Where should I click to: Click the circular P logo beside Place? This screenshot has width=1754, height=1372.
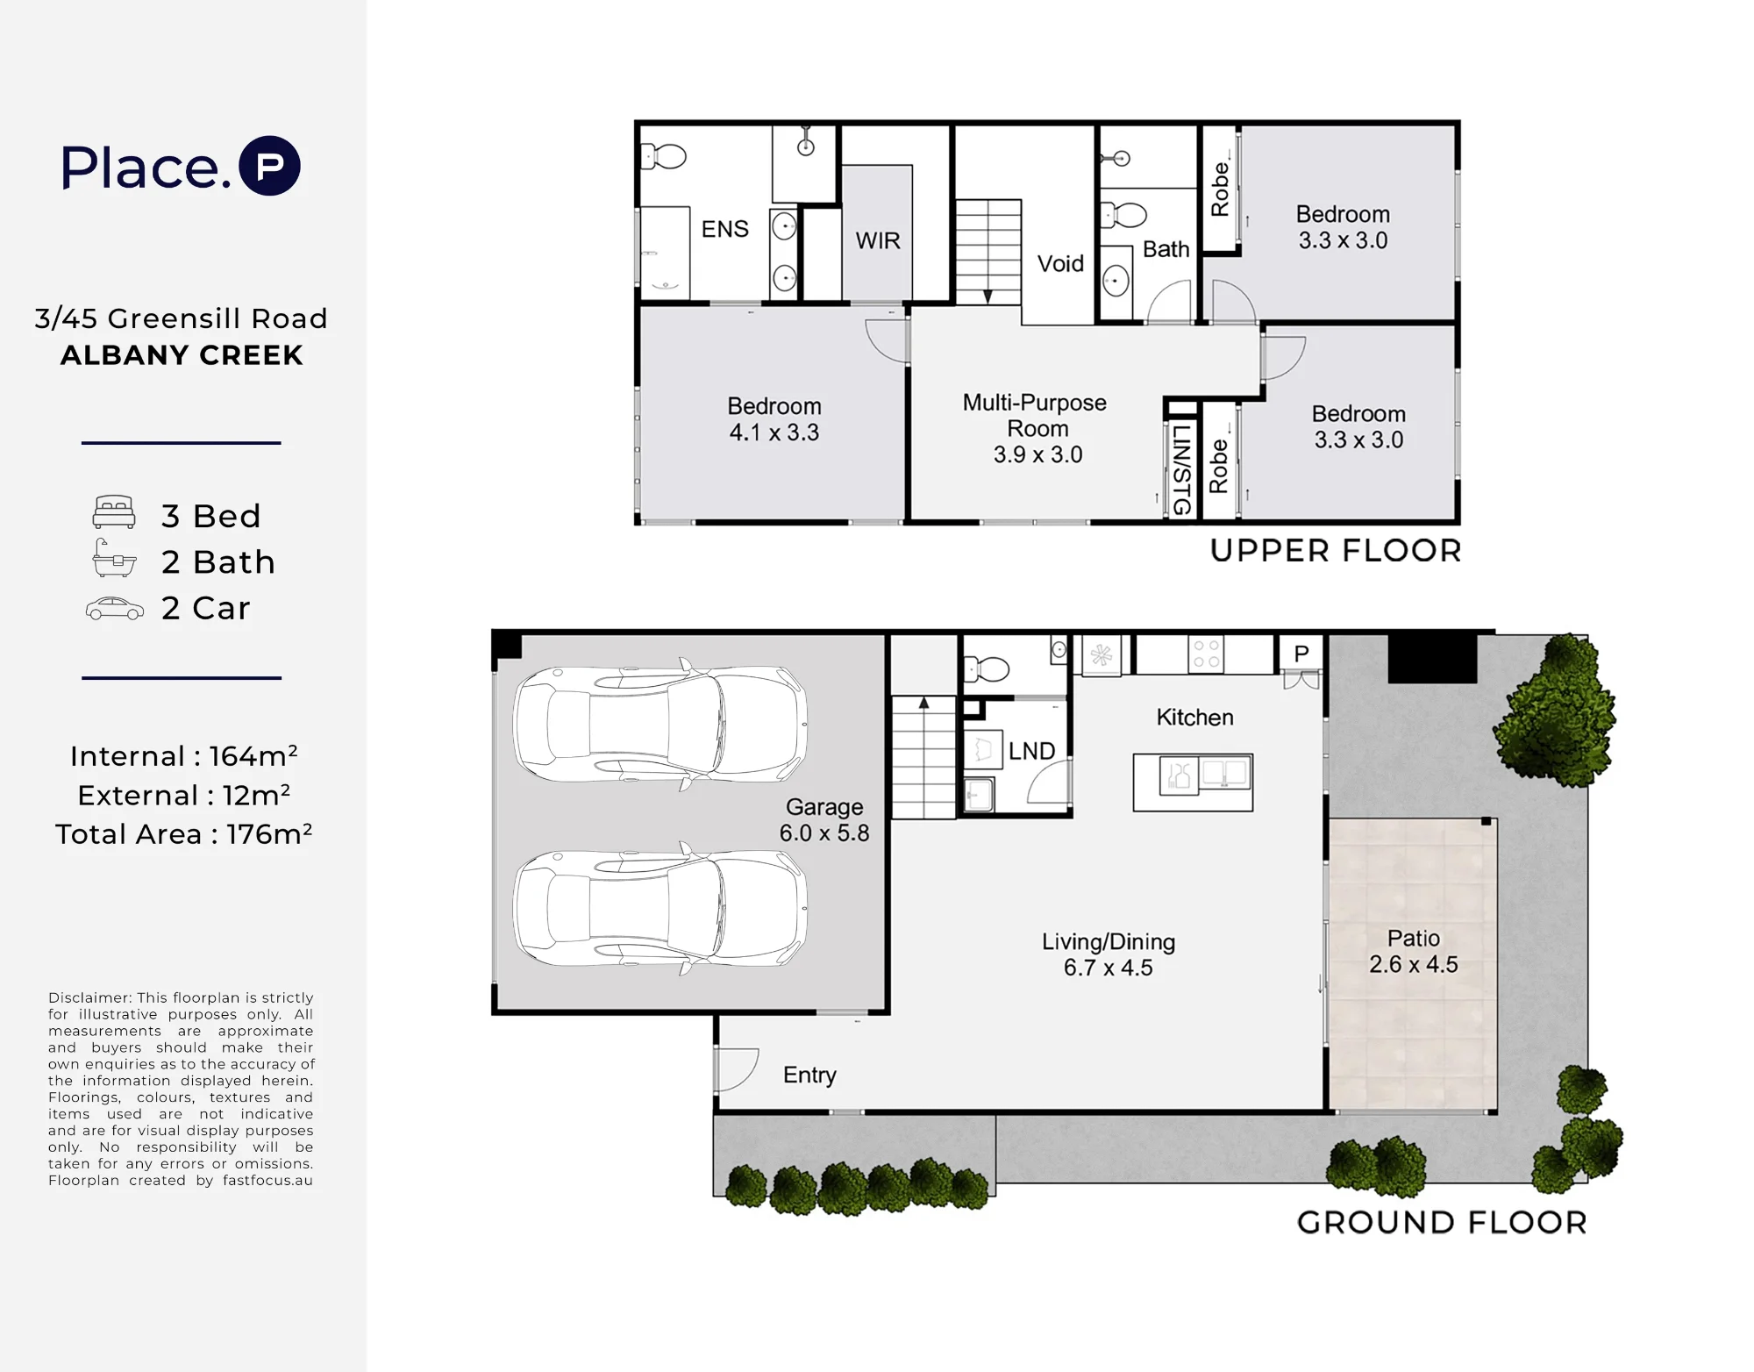pos(270,166)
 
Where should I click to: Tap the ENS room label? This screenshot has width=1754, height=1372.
pos(725,229)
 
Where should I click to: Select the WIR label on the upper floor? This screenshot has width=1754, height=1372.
pos(878,240)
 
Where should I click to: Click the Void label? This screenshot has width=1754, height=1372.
pos(1060,263)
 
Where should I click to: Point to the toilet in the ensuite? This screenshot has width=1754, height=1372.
pos(664,157)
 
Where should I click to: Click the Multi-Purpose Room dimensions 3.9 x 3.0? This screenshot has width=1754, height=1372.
pos(1037,454)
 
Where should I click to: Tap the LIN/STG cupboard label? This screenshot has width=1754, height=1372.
pos(1181,469)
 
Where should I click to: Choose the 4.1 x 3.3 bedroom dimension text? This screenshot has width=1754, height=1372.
pos(774,432)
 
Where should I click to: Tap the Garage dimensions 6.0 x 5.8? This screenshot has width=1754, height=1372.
pos(824,832)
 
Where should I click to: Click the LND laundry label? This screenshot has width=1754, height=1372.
pos(1031,751)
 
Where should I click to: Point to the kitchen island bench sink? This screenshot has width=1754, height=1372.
pos(1225,774)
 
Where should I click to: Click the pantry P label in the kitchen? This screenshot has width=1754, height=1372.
pos(1301,654)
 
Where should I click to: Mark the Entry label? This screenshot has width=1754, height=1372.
pos(809,1075)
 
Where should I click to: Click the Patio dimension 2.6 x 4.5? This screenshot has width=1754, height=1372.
pos(1414,964)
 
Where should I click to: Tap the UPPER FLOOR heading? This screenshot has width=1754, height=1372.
pos(1336,551)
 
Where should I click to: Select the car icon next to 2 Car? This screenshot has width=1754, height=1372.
pos(115,609)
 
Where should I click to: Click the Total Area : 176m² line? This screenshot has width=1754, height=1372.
pos(183,833)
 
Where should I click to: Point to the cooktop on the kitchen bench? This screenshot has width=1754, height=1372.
pos(1206,654)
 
